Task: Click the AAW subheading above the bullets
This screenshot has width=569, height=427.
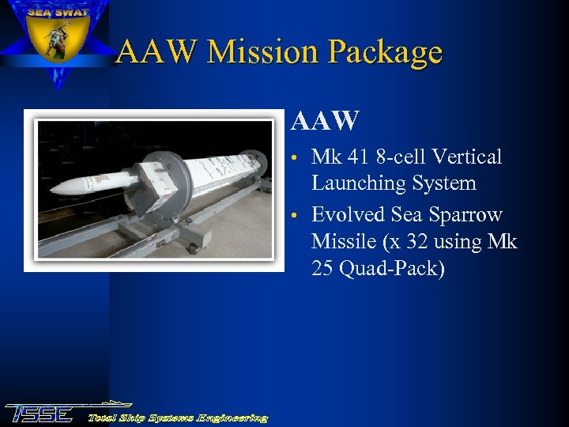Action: point(325,121)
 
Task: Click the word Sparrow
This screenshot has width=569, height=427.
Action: point(467,215)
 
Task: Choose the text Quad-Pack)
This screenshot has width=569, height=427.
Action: point(392,268)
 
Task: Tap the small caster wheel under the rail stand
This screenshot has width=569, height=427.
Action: point(191,249)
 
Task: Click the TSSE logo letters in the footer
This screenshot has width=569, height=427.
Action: point(40,413)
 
